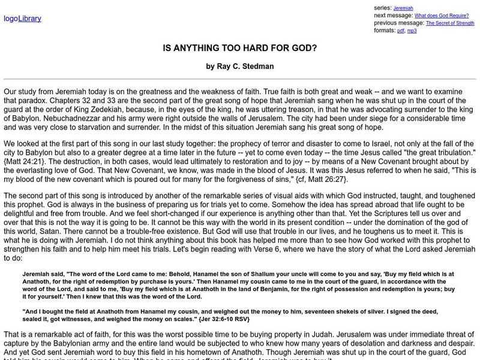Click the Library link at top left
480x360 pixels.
pos(29,19)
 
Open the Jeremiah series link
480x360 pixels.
pos(403,8)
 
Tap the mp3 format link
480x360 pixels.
pos(412,31)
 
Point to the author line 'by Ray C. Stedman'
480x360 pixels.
pos(239,67)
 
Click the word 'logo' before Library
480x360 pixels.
pos(11,19)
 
